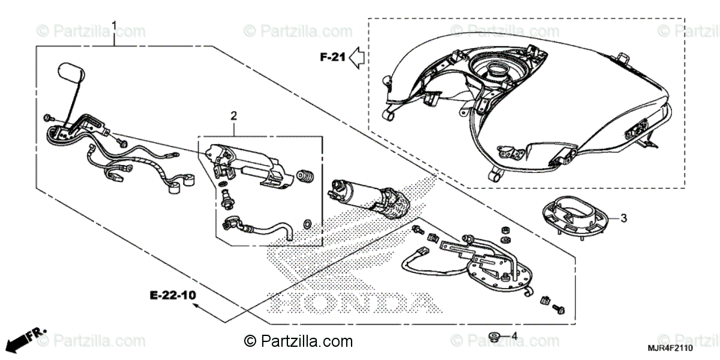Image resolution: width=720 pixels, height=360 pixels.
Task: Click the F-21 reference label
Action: (x=331, y=58)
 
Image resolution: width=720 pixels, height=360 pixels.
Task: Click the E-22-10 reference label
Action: (x=173, y=295)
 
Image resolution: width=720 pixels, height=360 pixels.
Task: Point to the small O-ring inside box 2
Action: (x=308, y=224)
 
